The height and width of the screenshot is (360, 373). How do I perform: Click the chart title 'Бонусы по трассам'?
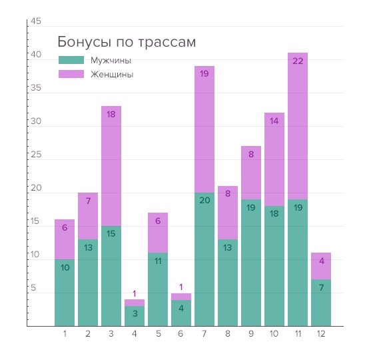(x=127, y=42)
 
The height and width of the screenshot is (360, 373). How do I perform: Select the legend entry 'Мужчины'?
(x=111, y=60)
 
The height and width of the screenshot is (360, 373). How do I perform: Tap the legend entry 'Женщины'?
(x=111, y=75)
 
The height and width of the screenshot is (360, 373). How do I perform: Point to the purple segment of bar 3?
(x=111, y=166)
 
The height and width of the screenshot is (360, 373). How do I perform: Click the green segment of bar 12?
(x=321, y=303)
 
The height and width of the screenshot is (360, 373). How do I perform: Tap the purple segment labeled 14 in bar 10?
(x=274, y=159)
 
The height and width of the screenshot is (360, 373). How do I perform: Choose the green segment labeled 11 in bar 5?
(x=158, y=289)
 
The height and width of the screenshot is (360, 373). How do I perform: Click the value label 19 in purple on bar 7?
(x=204, y=74)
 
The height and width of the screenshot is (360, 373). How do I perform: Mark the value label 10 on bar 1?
(x=65, y=268)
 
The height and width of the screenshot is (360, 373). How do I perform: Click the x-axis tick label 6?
(x=181, y=333)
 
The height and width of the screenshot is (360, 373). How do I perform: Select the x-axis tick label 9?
(x=251, y=333)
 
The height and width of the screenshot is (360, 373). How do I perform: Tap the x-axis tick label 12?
(x=321, y=333)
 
